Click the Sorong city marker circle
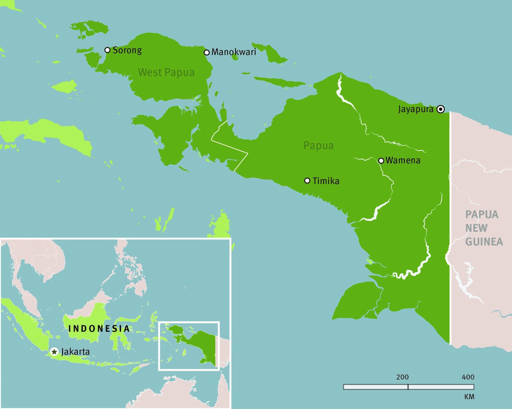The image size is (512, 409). [x=107, y=50]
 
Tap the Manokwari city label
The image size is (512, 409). [x=234, y=52]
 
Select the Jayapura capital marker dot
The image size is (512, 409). [x=440, y=109]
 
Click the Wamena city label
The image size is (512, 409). [x=403, y=160]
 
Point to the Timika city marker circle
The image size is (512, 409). [x=307, y=181]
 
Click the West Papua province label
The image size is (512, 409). [x=166, y=72]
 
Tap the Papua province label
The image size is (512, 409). [x=319, y=145]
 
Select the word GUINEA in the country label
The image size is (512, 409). [x=484, y=242]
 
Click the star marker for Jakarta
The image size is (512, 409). [x=54, y=352]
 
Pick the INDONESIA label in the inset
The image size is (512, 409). [x=99, y=329]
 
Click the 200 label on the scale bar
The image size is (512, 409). [x=402, y=377]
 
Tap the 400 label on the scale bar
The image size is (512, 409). [x=468, y=377]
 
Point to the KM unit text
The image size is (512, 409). [x=469, y=397]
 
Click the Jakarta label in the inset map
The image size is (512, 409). [x=75, y=352]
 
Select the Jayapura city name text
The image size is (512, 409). [x=416, y=109]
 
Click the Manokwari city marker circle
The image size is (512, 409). [x=207, y=52]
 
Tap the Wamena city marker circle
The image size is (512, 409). [x=381, y=161]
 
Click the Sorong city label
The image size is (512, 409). [x=127, y=50]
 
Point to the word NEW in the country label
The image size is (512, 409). [x=476, y=228]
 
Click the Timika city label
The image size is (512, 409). [x=326, y=181]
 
